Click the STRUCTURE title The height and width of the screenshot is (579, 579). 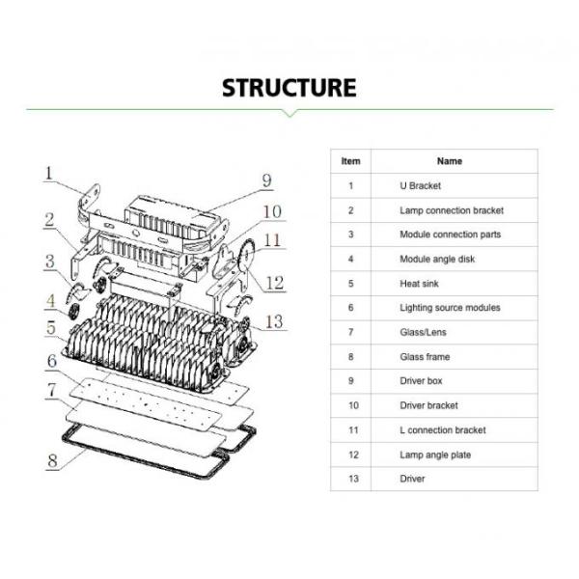pos(289,87)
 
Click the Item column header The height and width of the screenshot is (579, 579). pos(351,161)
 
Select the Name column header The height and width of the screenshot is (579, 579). pos(450,161)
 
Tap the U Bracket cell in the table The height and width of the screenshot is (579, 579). pos(421,185)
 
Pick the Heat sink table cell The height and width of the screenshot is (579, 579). pos(419,284)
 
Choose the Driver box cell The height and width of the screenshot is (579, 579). pos(422,381)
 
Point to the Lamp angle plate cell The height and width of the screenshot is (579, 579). pos(435,455)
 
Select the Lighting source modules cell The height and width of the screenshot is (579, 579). pos(450,308)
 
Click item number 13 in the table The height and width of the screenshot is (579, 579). pos(351,479)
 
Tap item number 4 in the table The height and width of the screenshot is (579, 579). pos(351,259)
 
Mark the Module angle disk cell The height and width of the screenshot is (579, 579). pos(437,259)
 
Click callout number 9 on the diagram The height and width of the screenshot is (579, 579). pos(266,180)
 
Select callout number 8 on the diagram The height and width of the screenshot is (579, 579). pos(52,459)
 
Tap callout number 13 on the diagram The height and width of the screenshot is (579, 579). pos(275,321)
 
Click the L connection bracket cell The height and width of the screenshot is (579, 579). pos(443,430)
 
